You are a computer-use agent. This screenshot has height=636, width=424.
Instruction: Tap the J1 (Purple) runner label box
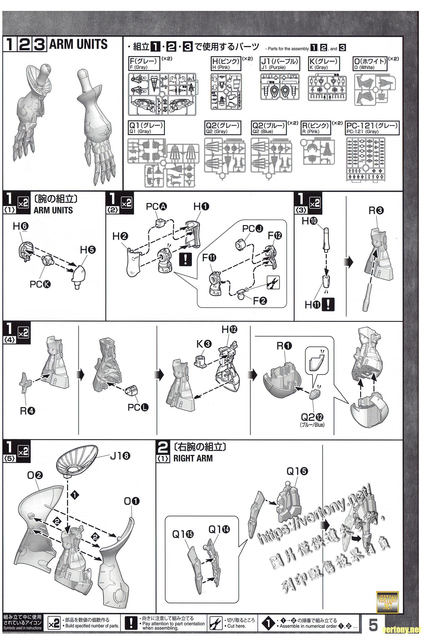coord(280,64)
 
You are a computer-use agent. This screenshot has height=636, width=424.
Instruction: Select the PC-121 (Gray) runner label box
coord(372,128)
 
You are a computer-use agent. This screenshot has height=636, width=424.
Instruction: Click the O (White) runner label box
coord(370,64)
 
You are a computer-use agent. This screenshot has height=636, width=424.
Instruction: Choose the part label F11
coord(209,258)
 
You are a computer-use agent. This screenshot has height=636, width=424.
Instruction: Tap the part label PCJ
coord(252,229)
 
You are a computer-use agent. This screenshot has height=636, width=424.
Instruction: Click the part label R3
coord(376,211)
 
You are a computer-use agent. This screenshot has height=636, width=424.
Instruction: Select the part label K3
coord(204,344)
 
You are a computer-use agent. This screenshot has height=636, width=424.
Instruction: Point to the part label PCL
coord(138,407)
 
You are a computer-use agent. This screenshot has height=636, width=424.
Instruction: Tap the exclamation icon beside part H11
coord(328,304)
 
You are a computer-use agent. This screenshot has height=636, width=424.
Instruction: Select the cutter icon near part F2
coord(273,282)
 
